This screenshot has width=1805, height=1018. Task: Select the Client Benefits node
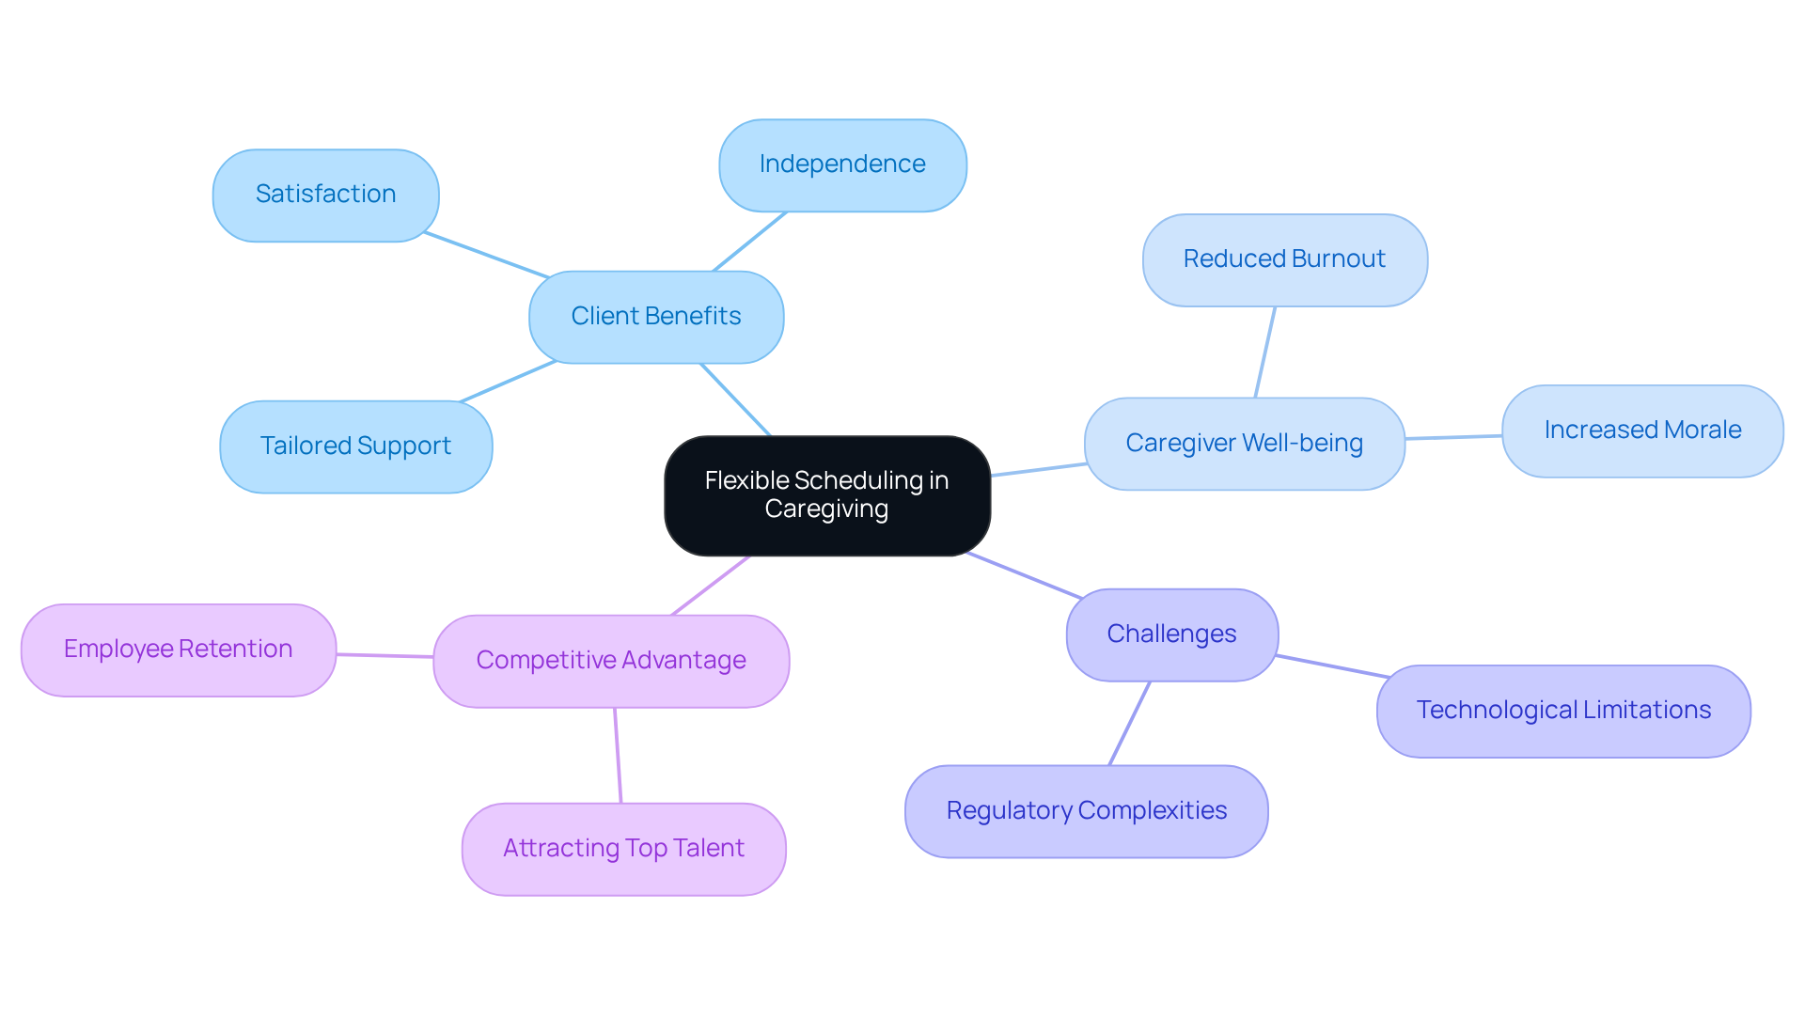[655, 317]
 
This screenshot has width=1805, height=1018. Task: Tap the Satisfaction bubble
[325, 195]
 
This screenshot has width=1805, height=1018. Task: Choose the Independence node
[841, 164]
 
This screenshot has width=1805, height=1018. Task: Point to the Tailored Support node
[355, 446]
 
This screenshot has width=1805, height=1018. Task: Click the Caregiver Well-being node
[1244, 443]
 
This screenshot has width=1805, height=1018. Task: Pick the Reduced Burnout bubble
[1284, 259]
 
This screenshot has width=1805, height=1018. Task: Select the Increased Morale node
[1641, 431]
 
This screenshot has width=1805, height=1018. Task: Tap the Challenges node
[1171, 634]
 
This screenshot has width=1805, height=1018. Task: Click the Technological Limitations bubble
[1562, 711]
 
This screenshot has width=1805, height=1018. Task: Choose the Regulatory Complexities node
[1086, 810]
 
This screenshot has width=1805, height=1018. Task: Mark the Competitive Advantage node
[610, 661]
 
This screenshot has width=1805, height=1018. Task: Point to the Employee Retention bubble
[178, 650]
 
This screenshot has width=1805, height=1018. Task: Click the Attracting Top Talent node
[623, 849]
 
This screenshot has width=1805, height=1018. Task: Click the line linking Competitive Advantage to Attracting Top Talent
[618, 755]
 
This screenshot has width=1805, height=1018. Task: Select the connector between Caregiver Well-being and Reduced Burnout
[1265, 352]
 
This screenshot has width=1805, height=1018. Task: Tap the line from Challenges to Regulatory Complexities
[1129, 723]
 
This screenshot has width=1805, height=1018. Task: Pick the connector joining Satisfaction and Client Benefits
[486, 255]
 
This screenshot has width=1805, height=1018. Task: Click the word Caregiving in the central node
[826, 509]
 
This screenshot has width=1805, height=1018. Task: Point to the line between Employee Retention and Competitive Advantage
[385, 655]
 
